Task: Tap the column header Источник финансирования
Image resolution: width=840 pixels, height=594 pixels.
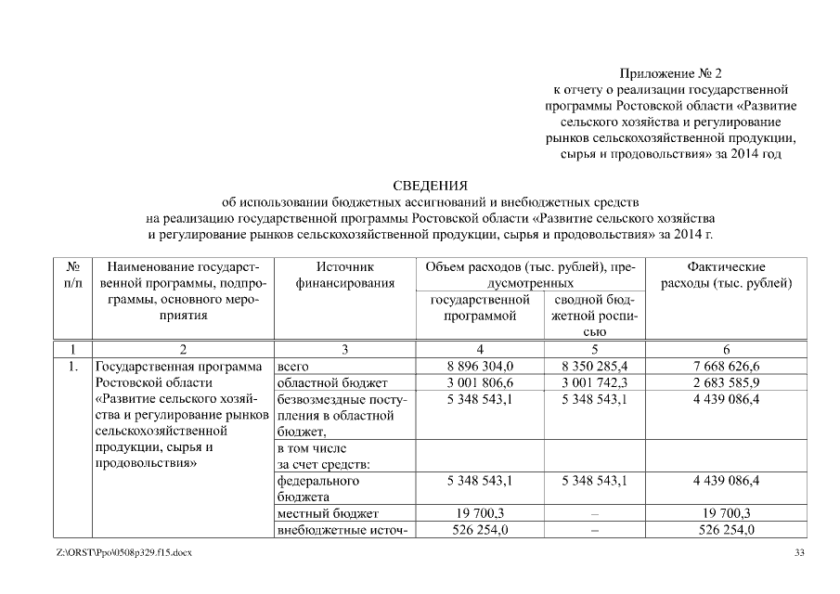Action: pos(344,275)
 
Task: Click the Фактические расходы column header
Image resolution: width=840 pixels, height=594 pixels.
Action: pos(727,275)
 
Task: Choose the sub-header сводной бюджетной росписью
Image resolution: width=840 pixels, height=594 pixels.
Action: pos(594,316)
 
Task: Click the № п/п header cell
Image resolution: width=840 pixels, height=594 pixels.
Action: pos(70,275)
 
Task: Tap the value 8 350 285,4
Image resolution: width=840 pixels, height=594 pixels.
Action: pos(594,367)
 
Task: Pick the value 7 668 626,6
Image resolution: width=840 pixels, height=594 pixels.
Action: pos(727,367)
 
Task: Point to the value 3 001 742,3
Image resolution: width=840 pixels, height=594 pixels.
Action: pos(594,382)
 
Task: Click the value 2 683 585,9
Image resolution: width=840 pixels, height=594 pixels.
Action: pos(727,382)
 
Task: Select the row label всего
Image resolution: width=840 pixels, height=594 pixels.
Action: pos(293,367)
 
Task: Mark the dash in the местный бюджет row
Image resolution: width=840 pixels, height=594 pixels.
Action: pos(594,513)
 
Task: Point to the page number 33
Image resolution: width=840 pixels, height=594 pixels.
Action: pos(800,554)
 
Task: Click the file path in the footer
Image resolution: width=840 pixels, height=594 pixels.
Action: pos(123,554)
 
